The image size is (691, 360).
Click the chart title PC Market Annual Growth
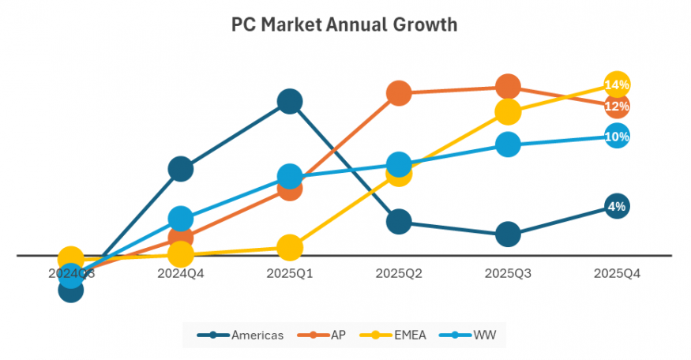pos(344,24)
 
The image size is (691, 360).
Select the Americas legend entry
pos(240,335)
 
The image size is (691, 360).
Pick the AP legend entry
pos(325,335)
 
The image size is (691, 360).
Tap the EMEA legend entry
pos(396,335)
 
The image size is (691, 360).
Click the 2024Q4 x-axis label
pos(181,274)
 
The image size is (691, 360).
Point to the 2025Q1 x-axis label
pos(290,274)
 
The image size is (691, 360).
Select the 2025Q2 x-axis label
pos(399,274)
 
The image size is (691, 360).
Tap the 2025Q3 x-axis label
pos(508,274)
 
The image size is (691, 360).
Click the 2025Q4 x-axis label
pos(617,274)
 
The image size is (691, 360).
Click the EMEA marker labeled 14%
pos(617,84)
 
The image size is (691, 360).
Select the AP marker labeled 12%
pos(617,106)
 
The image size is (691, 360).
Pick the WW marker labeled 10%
pos(617,137)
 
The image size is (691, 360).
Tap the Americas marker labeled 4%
pos(617,207)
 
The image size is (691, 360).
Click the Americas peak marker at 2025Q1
pos(290,101)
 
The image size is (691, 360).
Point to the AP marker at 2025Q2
pos(399,93)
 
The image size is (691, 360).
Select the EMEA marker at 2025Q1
pos(290,247)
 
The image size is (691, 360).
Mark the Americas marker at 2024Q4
pos(181,168)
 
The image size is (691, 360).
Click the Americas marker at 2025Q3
pos(508,234)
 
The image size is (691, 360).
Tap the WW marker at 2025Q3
pos(508,144)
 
